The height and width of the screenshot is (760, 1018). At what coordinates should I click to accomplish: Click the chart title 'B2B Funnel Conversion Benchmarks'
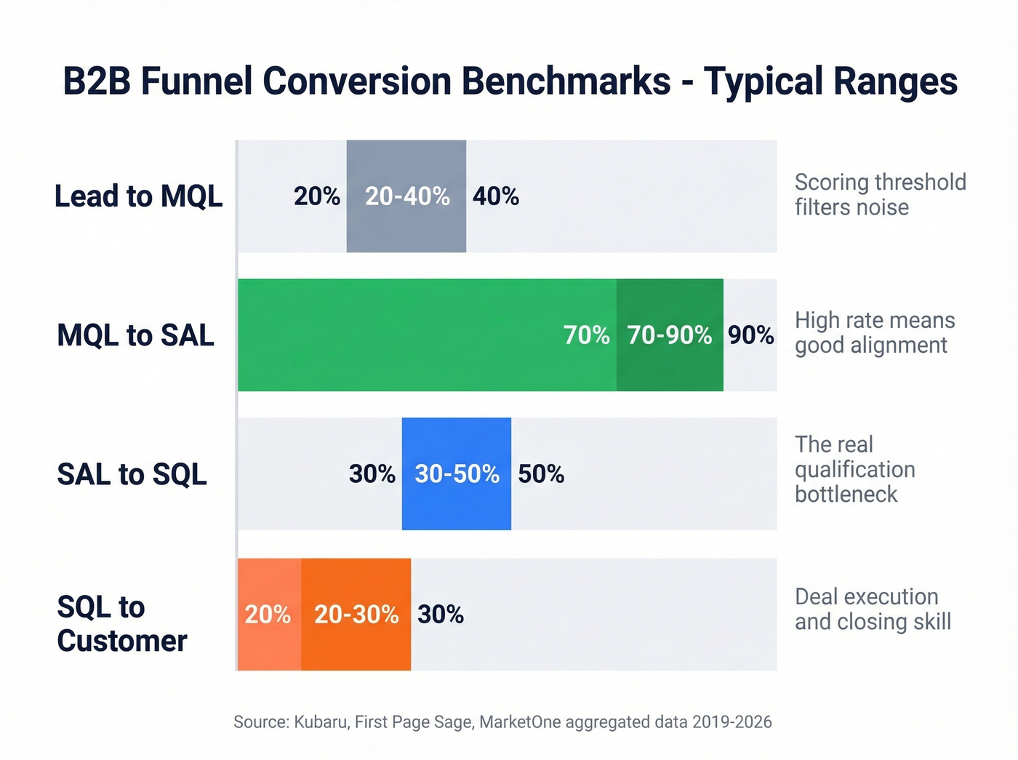point(510,81)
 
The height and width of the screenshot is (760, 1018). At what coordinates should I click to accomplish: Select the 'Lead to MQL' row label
point(138,196)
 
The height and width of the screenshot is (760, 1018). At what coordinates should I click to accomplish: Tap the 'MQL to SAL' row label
point(136,335)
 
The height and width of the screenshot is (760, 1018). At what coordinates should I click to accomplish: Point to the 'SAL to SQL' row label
point(132,474)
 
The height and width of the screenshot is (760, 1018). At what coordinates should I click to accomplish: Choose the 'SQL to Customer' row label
point(122,624)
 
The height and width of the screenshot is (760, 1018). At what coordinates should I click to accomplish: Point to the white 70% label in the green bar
point(586,335)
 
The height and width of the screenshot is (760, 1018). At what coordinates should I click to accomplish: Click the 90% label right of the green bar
point(750,335)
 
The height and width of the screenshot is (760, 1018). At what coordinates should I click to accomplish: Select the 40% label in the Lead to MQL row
point(496,196)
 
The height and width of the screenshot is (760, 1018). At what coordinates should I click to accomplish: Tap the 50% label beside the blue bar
point(541,474)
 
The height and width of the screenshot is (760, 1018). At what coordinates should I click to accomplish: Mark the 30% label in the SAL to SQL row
point(372,474)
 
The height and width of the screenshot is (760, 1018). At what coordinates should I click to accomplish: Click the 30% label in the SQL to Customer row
point(441,615)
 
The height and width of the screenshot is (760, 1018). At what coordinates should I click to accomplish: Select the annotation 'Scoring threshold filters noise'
point(880,194)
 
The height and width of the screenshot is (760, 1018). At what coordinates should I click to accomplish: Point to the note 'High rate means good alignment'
point(874,332)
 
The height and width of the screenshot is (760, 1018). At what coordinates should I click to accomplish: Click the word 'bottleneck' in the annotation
point(846,495)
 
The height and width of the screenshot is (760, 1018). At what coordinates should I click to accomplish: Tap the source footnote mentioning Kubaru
point(502,722)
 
